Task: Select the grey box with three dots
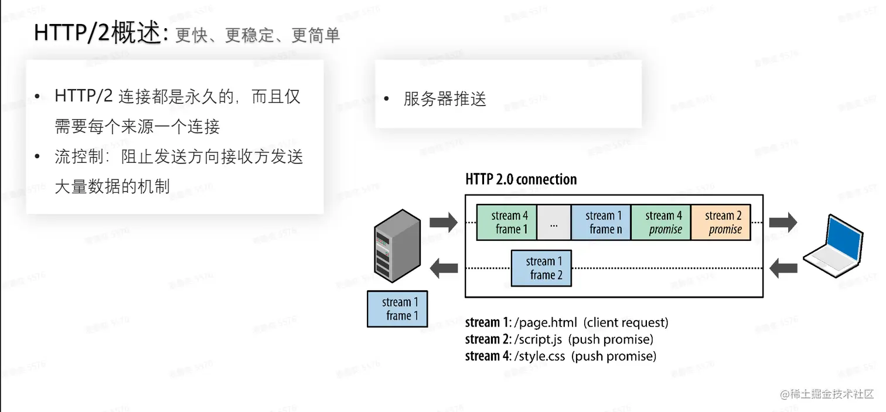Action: tap(554, 223)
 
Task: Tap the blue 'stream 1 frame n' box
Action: tap(601, 222)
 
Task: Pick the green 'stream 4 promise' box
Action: tap(661, 223)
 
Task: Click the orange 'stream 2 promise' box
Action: tap(721, 223)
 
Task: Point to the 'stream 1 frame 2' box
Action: tap(541, 268)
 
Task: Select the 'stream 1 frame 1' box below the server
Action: tap(397, 309)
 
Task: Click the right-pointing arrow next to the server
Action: tap(443, 222)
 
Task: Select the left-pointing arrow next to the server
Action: tap(444, 268)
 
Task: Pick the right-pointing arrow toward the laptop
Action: tap(783, 223)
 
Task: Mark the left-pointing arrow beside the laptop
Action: tap(783, 268)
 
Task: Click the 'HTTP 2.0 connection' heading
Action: tap(521, 179)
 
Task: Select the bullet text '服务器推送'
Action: tap(445, 99)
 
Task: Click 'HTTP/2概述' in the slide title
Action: tap(97, 33)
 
